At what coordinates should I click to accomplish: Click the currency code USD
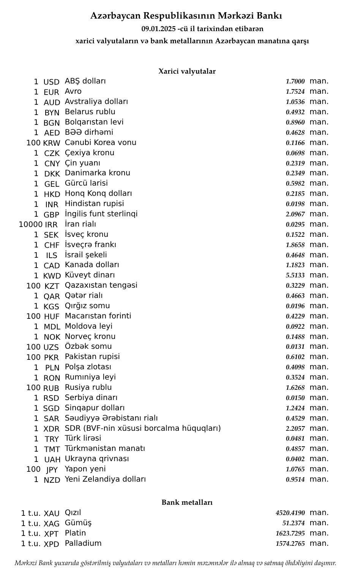[51, 82]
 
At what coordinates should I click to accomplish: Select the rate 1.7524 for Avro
[295, 92]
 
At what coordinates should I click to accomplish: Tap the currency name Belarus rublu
[90, 112]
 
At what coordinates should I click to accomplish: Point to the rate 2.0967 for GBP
[295, 214]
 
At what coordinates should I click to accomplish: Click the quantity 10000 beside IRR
[30, 225]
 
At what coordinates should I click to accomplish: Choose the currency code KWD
[52, 276]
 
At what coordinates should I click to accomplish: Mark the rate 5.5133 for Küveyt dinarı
[295, 276]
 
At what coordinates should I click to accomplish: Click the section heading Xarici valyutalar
[187, 71]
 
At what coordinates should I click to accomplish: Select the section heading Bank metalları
[187, 503]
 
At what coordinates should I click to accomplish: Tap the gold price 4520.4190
[290, 513]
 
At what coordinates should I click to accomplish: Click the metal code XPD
[51, 544]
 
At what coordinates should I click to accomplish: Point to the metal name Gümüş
[78, 523]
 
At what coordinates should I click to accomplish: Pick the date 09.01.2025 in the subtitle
[158, 29]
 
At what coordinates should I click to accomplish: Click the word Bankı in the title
[269, 16]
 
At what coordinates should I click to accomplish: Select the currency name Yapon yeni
[85, 469]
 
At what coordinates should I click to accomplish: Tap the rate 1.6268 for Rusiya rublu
[295, 388]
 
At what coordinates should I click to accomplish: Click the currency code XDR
[52, 429]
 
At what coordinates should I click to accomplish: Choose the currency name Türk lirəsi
[83, 438]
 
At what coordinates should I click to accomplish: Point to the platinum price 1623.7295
[290, 534]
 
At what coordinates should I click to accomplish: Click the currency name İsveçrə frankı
[90, 245]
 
